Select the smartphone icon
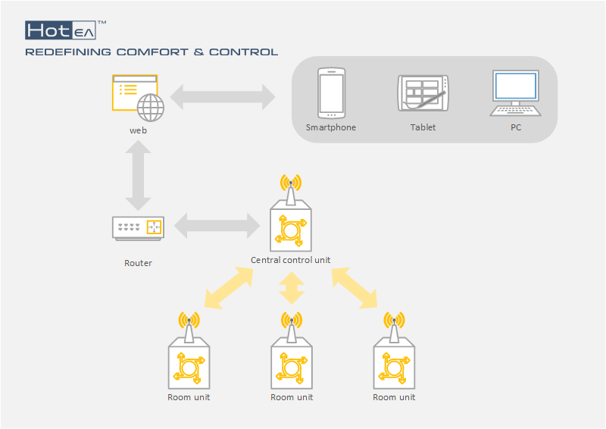click(331, 92)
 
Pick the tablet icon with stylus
click(423, 94)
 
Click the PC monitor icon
click(515, 92)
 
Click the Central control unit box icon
click(291, 225)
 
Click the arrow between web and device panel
click(223, 96)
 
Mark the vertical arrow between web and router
click(139, 178)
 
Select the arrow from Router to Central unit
click(217, 226)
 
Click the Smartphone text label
click(330, 128)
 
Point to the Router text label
click(138, 264)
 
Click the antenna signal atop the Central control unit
click(291, 183)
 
